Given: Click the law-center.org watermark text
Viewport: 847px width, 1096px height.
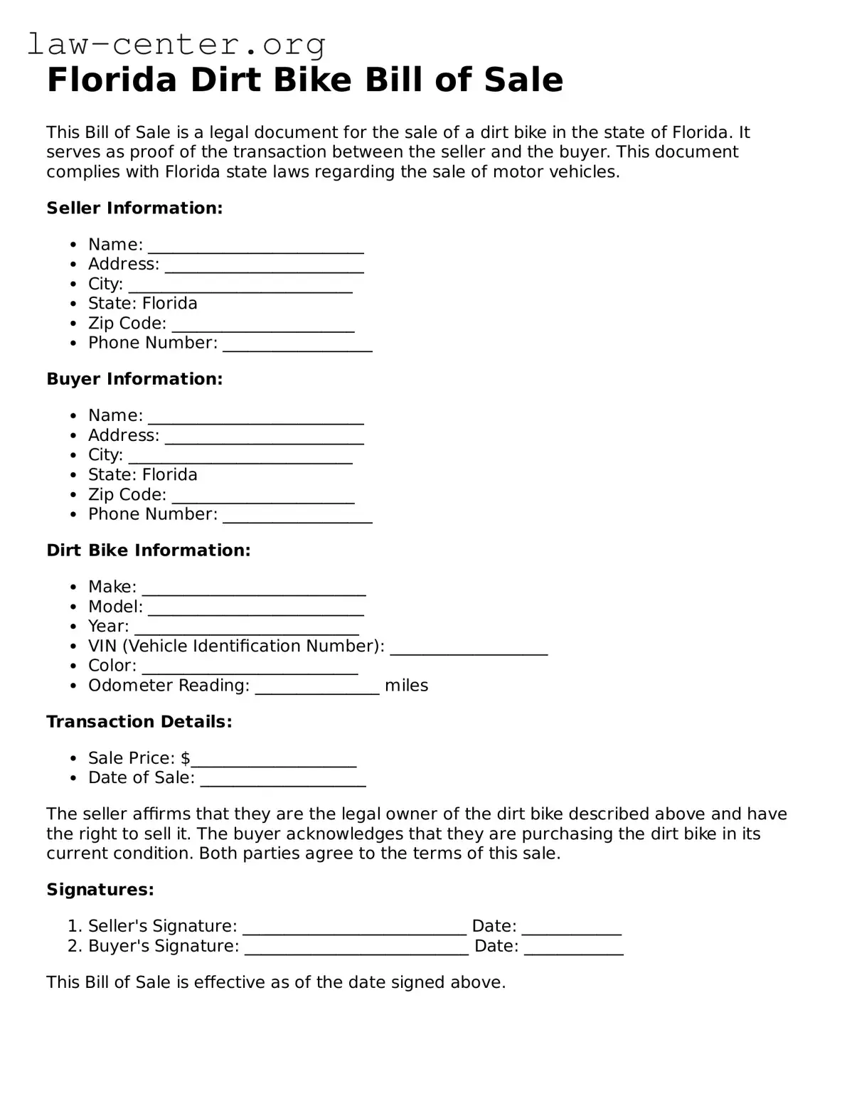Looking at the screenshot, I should click(x=176, y=44).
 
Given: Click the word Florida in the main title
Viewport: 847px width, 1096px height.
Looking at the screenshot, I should click(x=111, y=80).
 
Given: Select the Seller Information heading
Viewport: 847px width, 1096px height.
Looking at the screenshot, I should click(x=134, y=208).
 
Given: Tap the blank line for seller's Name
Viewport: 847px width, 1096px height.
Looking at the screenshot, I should click(x=255, y=248).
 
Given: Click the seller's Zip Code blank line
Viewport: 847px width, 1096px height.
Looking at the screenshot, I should click(x=263, y=326).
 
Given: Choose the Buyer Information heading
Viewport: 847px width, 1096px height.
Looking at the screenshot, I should click(x=134, y=379).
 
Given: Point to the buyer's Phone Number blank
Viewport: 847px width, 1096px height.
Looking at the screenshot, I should click(x=297, y=518).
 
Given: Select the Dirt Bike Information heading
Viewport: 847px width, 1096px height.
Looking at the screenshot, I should click(x=148, y=550).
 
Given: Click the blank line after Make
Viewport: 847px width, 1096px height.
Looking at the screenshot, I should click(x=254, y=590).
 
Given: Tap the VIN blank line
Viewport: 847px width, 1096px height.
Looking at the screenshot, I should click(x=469, y=649).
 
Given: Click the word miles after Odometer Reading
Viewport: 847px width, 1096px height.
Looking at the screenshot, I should click(x=406, y=686).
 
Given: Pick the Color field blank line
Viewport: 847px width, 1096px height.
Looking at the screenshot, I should click(x=250, y=669).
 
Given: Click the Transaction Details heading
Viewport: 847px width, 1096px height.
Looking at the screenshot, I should click(x=139, y=722).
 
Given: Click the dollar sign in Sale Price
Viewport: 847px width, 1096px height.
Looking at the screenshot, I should click(x=186, y=758).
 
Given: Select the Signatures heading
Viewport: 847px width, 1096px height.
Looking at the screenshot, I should click(x=100, y=890).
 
